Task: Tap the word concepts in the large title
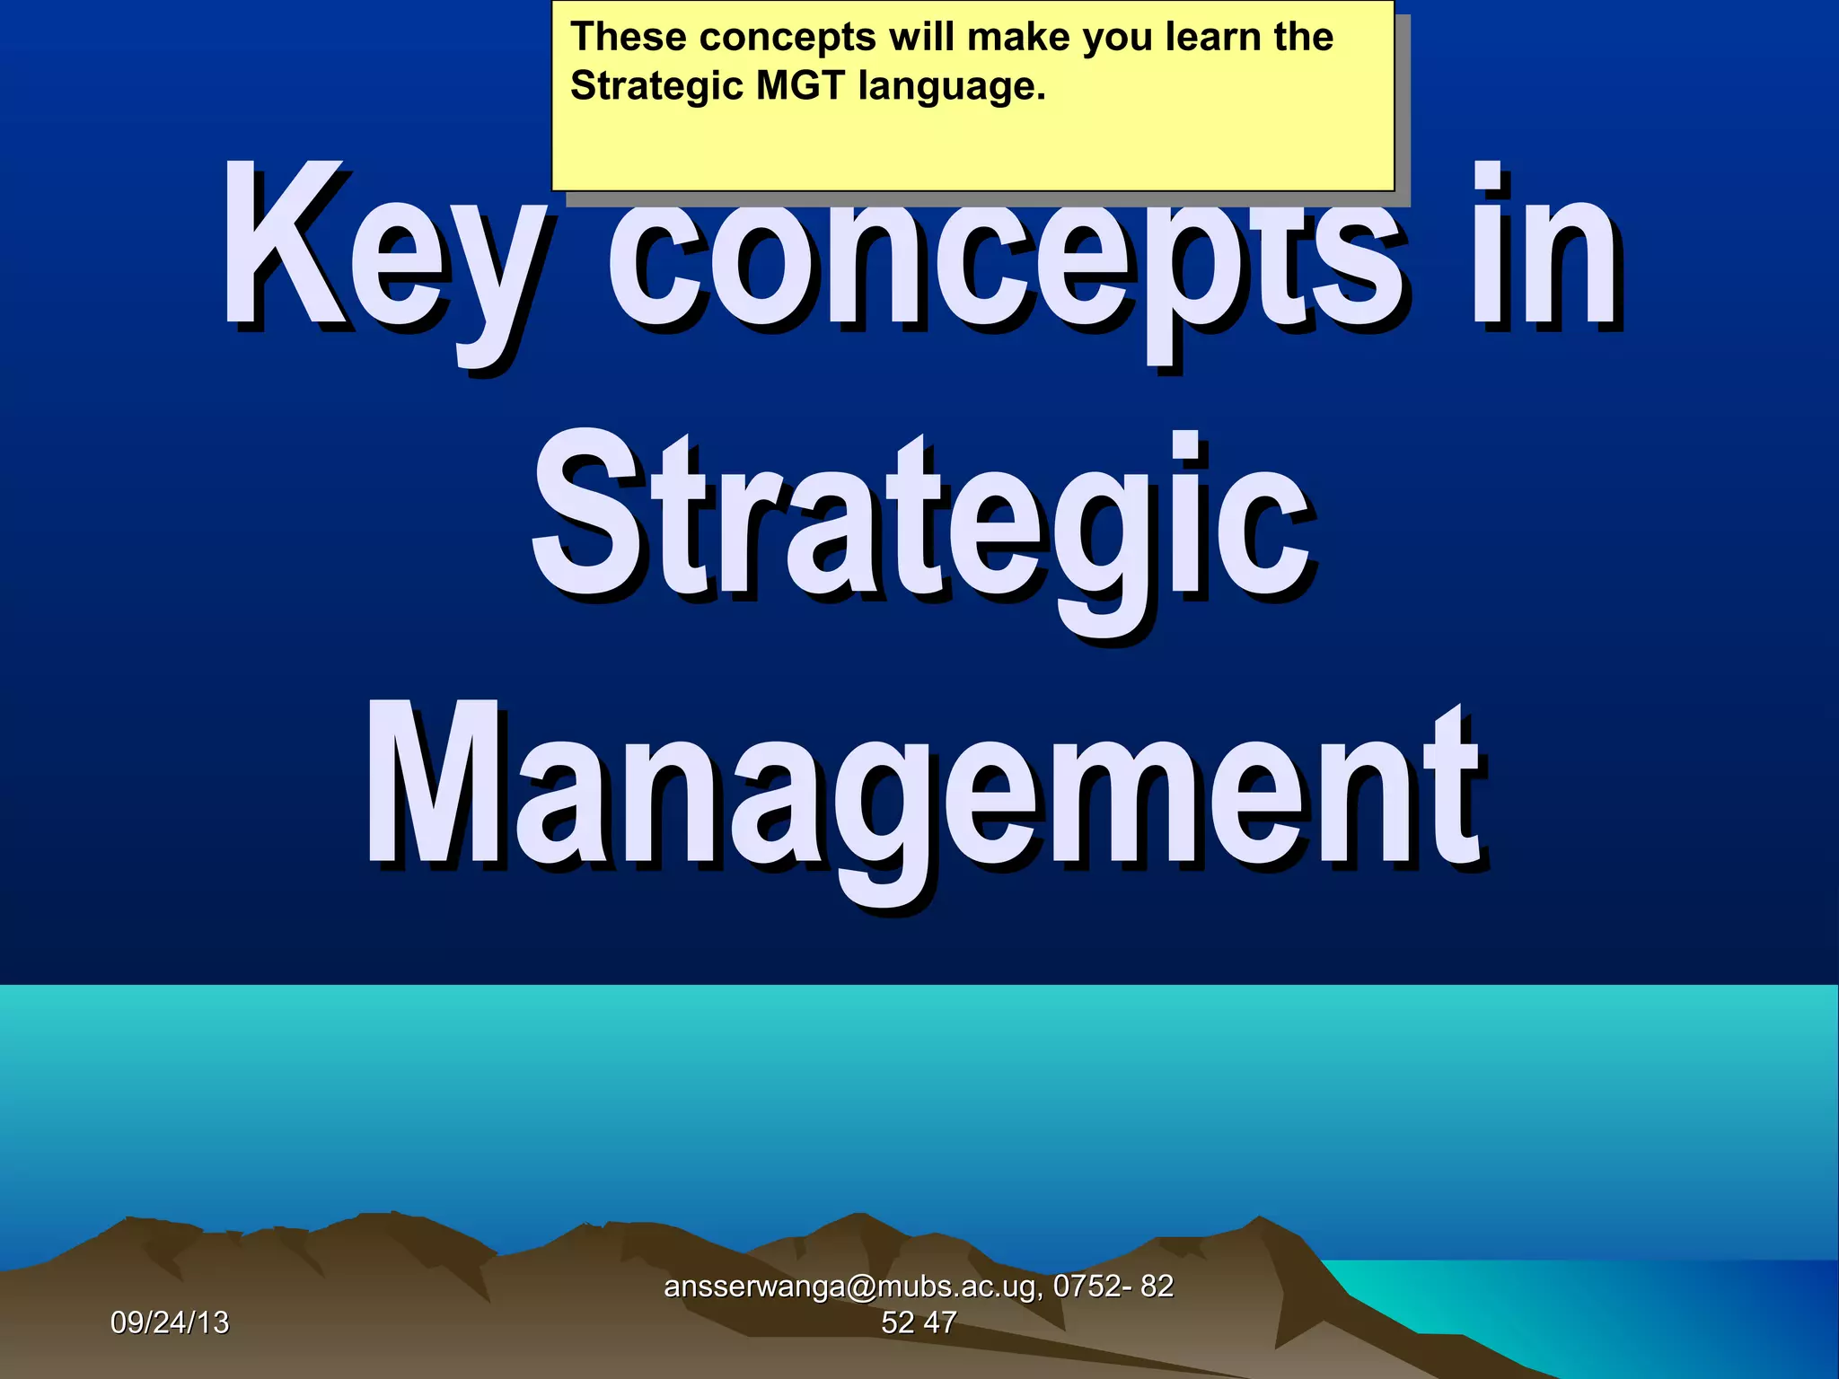(x=1006, y=260)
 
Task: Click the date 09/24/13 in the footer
(x=170, y=1322)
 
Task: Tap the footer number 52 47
(x=919, y=1322)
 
